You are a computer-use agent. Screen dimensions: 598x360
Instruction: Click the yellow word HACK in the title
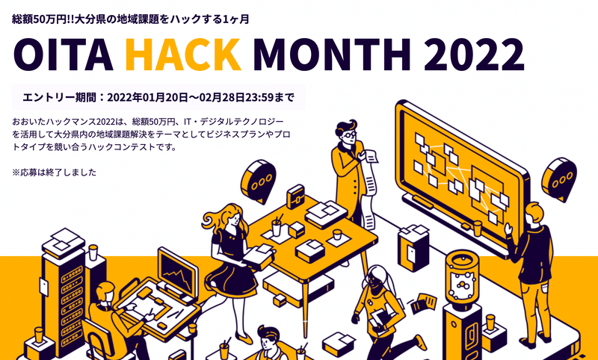tap(183, 55)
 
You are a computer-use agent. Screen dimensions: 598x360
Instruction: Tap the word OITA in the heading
tap(64, 55)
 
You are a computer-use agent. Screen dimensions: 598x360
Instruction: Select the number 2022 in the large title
tap(474, 55)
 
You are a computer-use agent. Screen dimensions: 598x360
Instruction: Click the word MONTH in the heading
tap(332, 55)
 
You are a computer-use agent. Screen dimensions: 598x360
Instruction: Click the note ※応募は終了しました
tap(54, 173)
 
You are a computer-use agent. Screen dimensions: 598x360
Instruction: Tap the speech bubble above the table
tap(258, 181)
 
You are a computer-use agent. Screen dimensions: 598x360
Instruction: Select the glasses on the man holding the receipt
tap(349, 134)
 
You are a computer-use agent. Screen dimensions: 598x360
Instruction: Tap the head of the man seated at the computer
tap(105, 293)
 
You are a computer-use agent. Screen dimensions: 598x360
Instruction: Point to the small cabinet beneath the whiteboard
tap(413, 247)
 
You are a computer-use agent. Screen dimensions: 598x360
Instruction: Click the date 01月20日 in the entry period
tap(165, 98)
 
